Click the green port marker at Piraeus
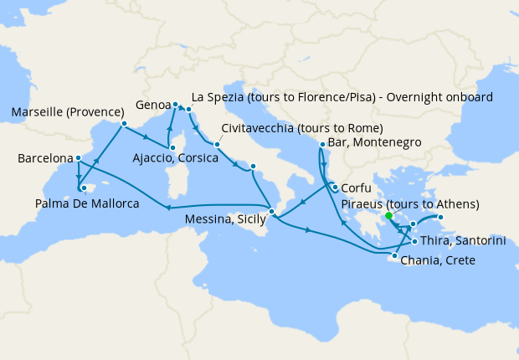click(389, 216)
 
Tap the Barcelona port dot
click(78, 158)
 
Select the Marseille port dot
click(123, 125)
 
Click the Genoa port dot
click(175, 105)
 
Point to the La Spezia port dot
click(189, 110)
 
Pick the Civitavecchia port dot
click(216, 144)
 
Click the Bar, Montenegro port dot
click(322, 144)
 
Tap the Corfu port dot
click(334, 188)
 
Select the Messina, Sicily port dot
click(271, 211)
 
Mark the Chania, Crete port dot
click(394, 255)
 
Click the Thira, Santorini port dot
click(414, 241)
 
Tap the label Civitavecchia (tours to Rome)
click(302, 128)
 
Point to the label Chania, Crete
click(439, 261)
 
